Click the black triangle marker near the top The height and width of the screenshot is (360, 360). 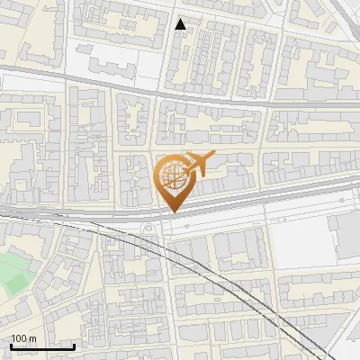click(181, 24)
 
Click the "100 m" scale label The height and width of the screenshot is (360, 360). click(23, 338)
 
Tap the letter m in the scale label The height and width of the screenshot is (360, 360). click(33, 338)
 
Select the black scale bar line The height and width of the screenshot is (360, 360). click(42, 346)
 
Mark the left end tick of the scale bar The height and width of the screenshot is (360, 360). click(11, 345)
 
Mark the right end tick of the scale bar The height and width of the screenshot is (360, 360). click(74, 345)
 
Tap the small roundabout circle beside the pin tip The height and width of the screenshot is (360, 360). click(148, 229)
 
